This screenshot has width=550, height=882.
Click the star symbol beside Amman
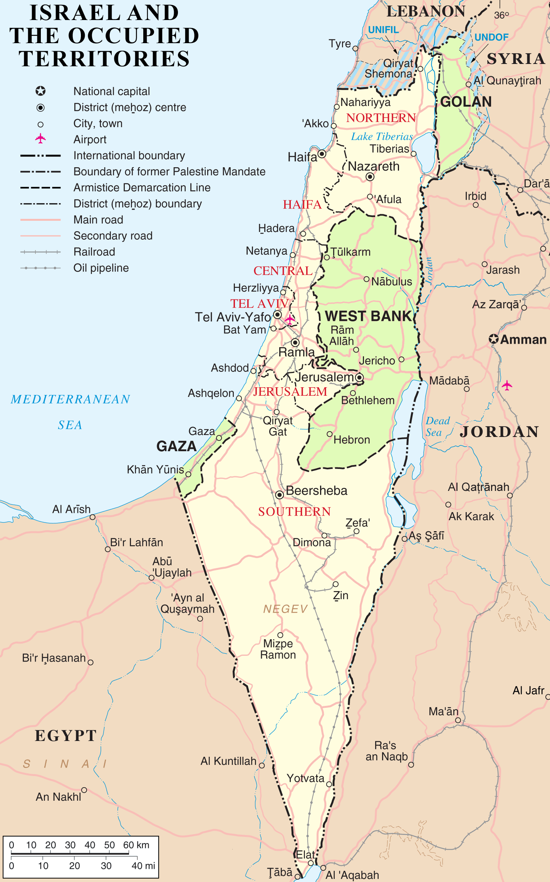coord(494,339)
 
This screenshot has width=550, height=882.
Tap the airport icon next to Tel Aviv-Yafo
coord(290,319)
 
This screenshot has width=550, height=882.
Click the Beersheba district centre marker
coord(280,494)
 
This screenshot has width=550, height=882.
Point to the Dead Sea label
coord(437,426)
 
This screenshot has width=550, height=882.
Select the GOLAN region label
coord(466,102)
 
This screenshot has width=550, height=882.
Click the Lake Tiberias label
coord(382,137)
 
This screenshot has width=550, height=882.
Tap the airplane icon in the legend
coord(40,138)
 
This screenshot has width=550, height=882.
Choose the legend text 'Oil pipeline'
coord(101,268)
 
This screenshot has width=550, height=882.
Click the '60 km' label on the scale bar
coord(136,845)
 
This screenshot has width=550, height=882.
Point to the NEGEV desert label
coord(285,609)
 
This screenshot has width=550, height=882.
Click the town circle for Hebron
coord(330,434)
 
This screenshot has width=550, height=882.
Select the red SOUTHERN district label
coord(294,511)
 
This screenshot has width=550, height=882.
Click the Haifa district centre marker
coord(322,154)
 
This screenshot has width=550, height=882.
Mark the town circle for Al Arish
coord(92,517)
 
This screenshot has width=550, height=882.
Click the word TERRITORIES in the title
coord(104,59)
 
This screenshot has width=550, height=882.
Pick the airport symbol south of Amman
coord(507,385)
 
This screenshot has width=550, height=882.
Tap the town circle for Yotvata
coord(329,784)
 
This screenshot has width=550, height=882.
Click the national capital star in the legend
coord(40,91)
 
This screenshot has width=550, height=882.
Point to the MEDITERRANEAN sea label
coord(70,399)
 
